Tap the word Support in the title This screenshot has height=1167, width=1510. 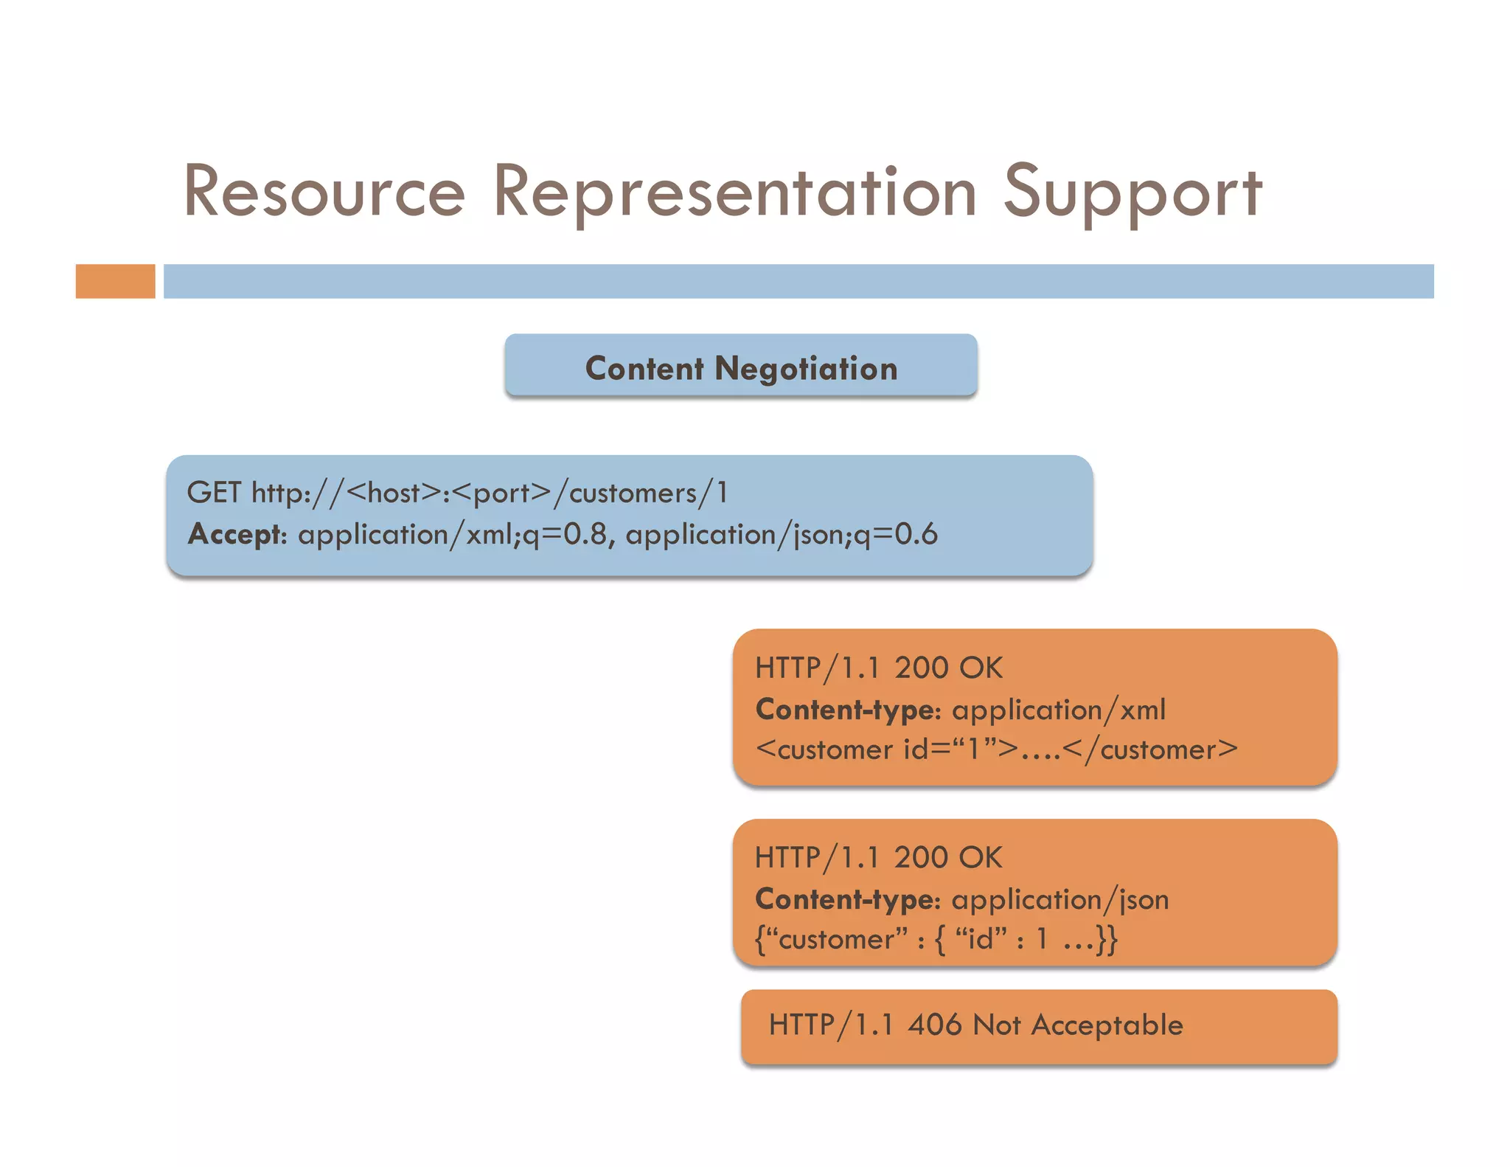(x=1132, y=193)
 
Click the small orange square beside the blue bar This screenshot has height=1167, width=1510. (x=115, y=281)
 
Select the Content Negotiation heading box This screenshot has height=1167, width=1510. (x=741, y=367)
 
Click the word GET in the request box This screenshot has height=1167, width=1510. (x=214, y=492)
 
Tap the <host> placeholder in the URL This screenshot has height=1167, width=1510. (x=393, y=492)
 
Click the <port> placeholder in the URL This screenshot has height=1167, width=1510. (x=504, y=492)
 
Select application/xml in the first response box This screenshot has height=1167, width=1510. (x=1059, y=710)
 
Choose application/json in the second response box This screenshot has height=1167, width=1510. (x=1060, y=899)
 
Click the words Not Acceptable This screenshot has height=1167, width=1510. (x=1078, y=1025)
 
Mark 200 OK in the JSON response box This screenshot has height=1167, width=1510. (x=948, y=857)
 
